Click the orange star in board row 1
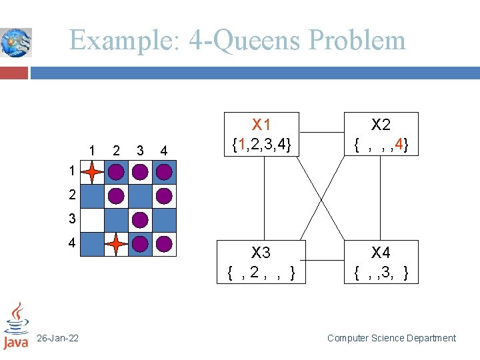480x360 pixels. coord(93,172)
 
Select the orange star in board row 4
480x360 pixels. coord(117,244)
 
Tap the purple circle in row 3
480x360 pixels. coord(140,220)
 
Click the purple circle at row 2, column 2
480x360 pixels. coord(117,196)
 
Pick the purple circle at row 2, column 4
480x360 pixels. coord(164,196)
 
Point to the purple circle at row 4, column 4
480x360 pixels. coord(164,244)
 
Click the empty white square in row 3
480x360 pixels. coord(93,220)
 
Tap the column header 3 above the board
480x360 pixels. coord(140,150)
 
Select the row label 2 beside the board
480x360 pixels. coord(72,195)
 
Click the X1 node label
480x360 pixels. coord(261,125)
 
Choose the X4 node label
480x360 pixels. coord(381,253)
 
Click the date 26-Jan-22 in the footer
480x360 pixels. coord(57,339)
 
